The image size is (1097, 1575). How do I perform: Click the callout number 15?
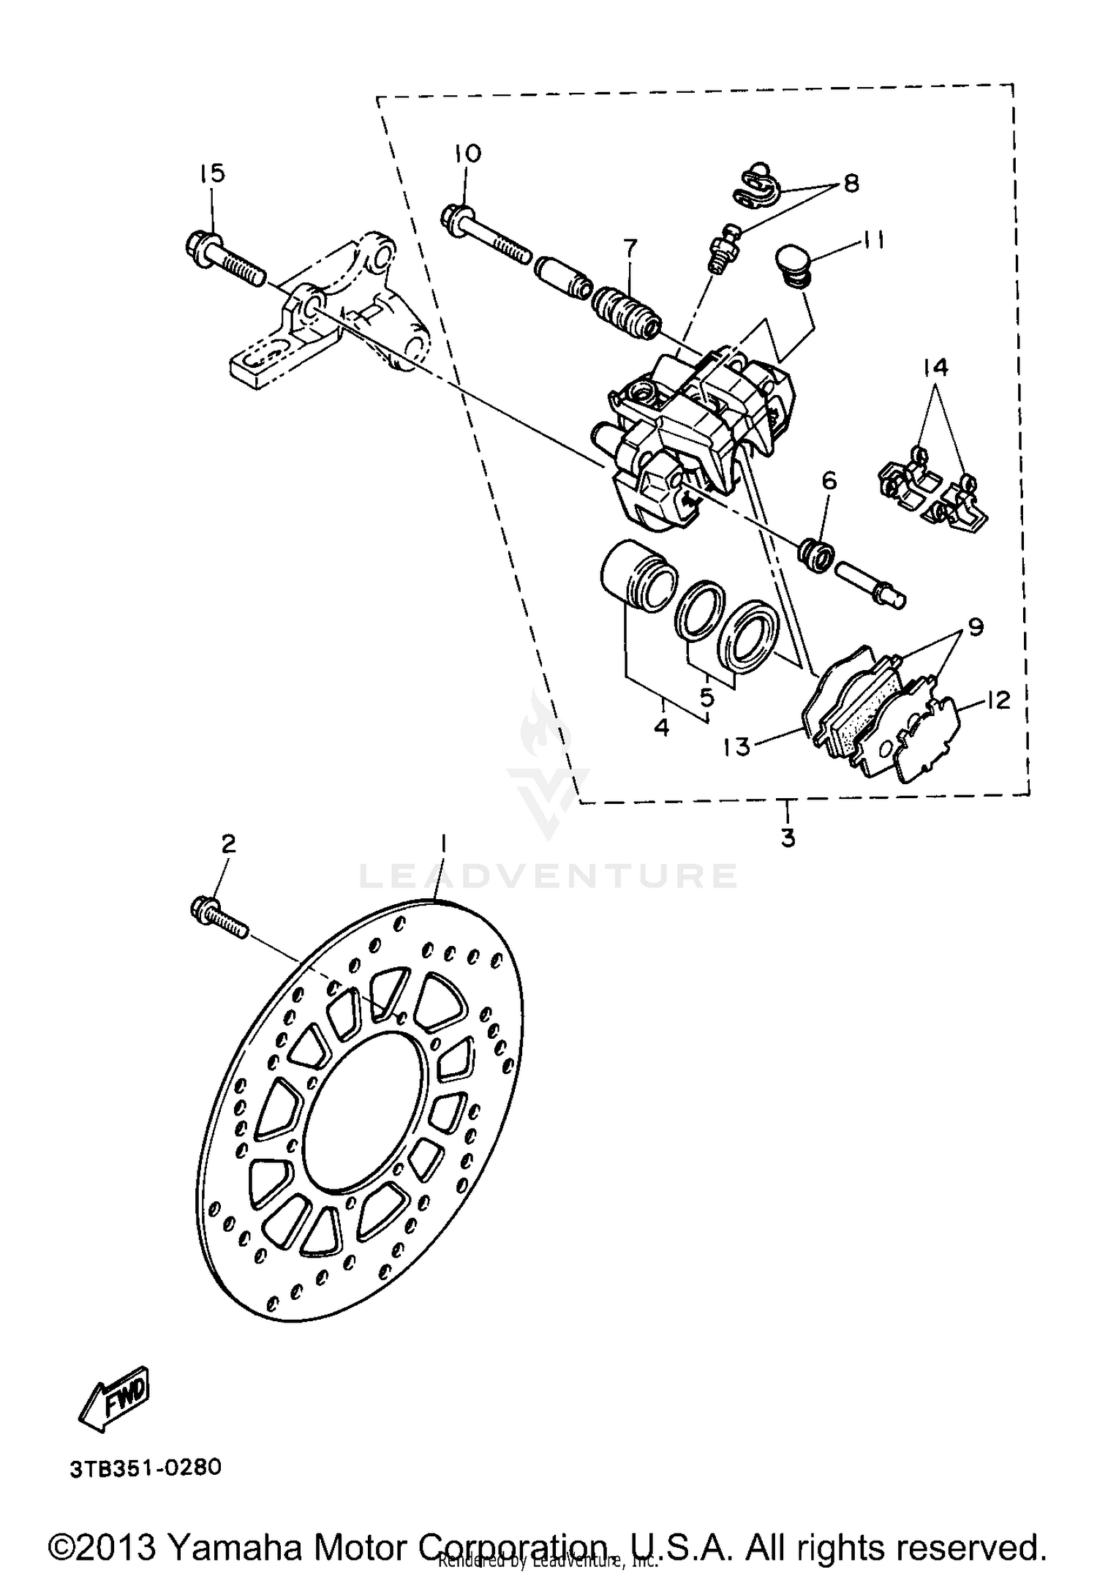pyautogui.click(x=212, y=174)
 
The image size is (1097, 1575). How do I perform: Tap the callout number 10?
pyautogui.click(x=467, y=154)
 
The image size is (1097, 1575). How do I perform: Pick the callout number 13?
pyautogui.click(x=738, y=747)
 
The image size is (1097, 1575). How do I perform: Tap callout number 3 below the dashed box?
pyautogui.click(x=788, y=837)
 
